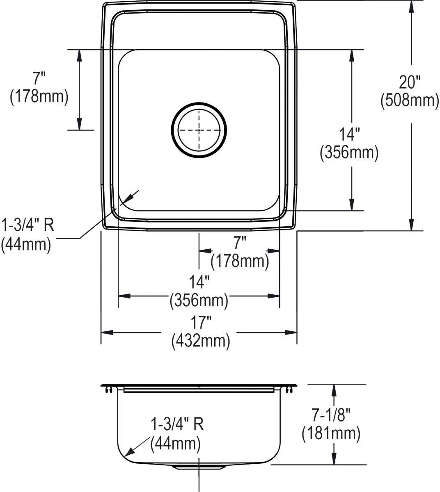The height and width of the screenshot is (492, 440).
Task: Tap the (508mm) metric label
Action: coord(410,100)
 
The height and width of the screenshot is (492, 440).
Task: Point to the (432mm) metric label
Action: coord(201,341)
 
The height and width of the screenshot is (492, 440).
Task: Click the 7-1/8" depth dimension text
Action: coord(331,415)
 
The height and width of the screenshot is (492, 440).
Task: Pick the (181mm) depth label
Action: coord(331,433)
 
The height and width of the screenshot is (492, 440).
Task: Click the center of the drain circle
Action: coord(199,130)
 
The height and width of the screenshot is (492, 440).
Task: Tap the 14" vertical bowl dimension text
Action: coord(349,134)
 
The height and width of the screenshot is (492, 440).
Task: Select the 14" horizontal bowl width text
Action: coord(199,282)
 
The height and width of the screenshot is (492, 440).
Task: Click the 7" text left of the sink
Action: coord(39,78)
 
